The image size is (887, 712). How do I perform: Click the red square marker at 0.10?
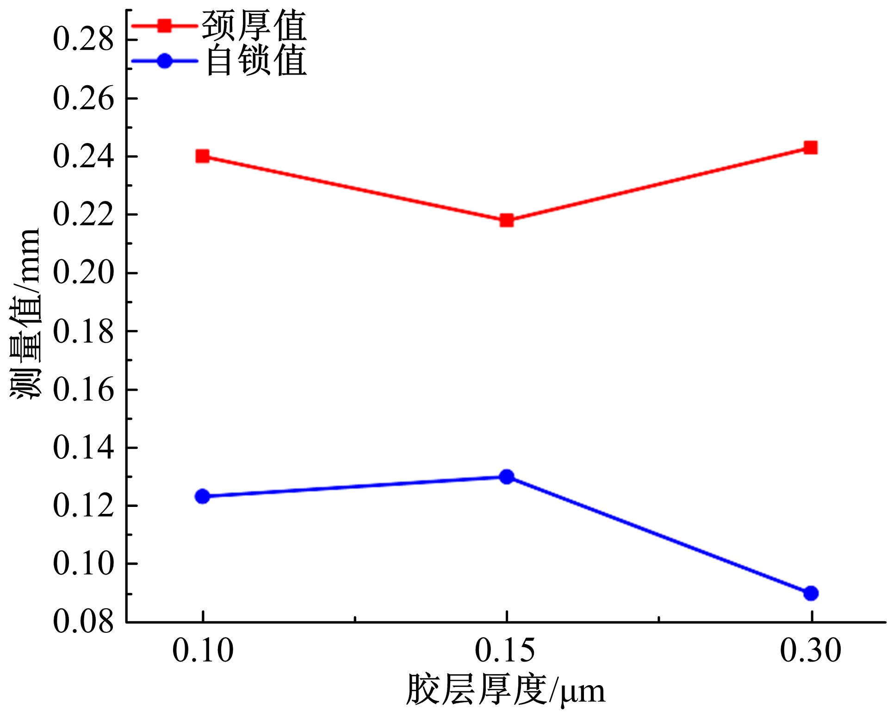click(x=202, y=156)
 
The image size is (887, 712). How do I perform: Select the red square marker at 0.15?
click(x=507, y=220)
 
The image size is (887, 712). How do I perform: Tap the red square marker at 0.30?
click(x=811, y=148)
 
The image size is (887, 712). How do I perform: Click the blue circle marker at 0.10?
click(x=202, y=496)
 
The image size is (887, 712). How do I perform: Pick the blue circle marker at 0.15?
click(x=507, y=476)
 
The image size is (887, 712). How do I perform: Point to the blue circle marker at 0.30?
click(x=811, y=593)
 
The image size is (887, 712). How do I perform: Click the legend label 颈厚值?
click(x=254, y=26)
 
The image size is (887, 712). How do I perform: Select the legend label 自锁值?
click(x=255, y=61)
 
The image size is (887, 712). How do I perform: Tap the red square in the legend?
click(x=164, y=25)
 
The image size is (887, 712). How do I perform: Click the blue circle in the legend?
click(x=164, y=61)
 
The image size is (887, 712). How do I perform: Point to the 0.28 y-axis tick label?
click(x=83, y=39)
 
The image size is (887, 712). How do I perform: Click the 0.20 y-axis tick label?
click(x=83, y=273)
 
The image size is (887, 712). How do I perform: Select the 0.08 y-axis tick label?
click(x=83, y=622)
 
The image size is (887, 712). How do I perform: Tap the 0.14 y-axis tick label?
click(x=83, y=448)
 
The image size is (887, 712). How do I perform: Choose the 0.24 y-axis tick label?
click(x=83, y=156)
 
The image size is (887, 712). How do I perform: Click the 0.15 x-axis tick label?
click(x=505, y=650)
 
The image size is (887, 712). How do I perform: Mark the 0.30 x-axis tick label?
click(x=810, y=650)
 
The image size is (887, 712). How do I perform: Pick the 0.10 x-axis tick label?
click(x=203, y=650)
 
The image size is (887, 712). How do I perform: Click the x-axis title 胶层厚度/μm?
click(x=505, y=690)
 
